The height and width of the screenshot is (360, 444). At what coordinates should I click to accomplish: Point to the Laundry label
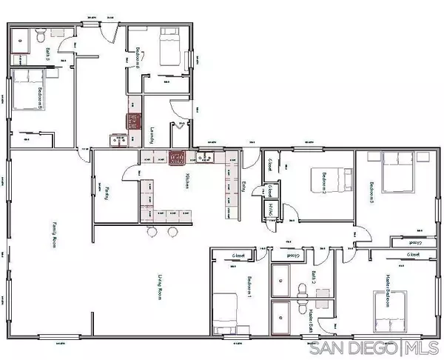tap(152, 136)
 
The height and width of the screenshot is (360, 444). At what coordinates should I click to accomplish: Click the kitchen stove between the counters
tap(176, 156)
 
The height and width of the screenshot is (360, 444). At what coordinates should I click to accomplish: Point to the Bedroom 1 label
tap(249, 287)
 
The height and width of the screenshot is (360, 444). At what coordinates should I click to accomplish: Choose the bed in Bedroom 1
tap(227, 310)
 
